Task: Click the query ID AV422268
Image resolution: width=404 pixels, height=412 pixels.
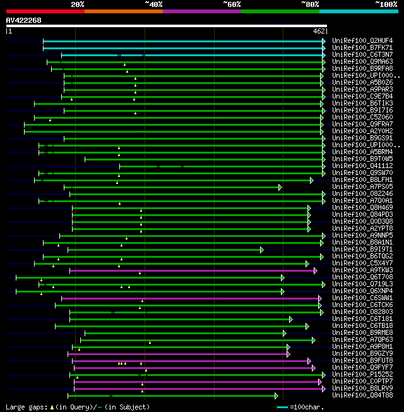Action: [23, 20]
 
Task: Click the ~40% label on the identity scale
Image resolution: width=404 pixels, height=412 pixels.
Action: [153, 4]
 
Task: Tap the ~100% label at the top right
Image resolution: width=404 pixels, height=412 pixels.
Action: [386, 4]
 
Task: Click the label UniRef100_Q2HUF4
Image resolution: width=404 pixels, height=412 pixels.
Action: [361, 41]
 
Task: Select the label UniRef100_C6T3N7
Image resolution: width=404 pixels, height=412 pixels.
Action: [361, 55]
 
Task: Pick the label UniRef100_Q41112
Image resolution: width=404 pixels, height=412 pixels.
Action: [361, 166]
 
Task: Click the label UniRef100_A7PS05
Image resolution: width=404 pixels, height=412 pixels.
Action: [361, 187]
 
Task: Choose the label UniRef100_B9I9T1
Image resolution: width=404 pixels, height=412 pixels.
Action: [361, 250]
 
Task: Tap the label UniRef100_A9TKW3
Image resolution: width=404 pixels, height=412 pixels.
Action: [361, 270]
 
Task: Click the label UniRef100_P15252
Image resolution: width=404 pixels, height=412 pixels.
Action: [361, 375]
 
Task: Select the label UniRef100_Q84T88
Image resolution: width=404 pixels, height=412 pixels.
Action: [361, 396]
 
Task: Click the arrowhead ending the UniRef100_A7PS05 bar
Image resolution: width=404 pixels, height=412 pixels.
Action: [280, 187]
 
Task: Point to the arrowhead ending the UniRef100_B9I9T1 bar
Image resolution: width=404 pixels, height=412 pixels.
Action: [261, 250]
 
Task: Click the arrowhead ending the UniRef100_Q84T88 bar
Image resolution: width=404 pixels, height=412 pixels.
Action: [276, 396]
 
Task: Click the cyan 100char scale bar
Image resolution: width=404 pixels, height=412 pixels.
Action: [282, 408]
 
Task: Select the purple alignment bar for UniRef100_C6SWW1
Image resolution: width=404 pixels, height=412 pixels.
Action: [189, 298]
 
